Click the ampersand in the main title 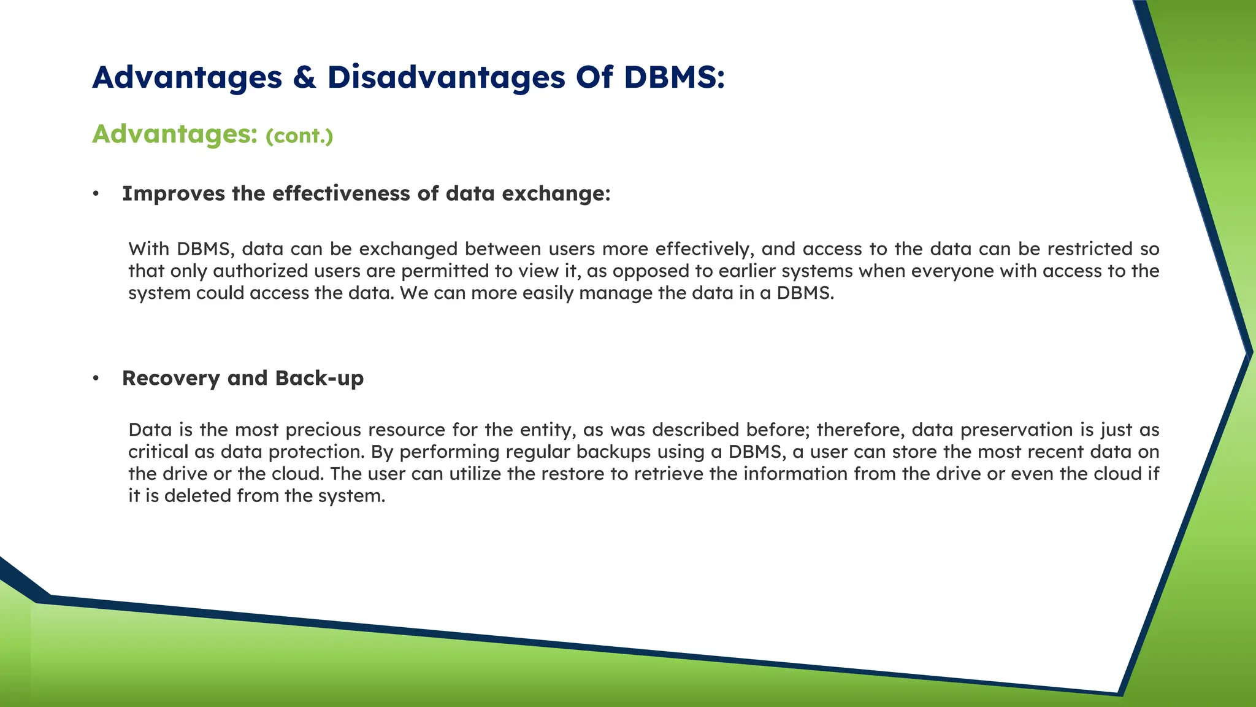[x=304, y=78]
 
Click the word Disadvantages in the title [x=446, y=78]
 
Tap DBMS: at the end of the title [x=674, y=78]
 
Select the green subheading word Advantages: [x=175, y=134]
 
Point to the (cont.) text [x=299, y=136]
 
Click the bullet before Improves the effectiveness [x=96, y=194]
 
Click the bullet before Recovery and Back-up [x=96, y=379]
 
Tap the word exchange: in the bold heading [x=556, y=193]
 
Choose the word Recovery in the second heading [x=170, y=379]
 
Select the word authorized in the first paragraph [x=260, y=271]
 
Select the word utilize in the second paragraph [x=477, y=474]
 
